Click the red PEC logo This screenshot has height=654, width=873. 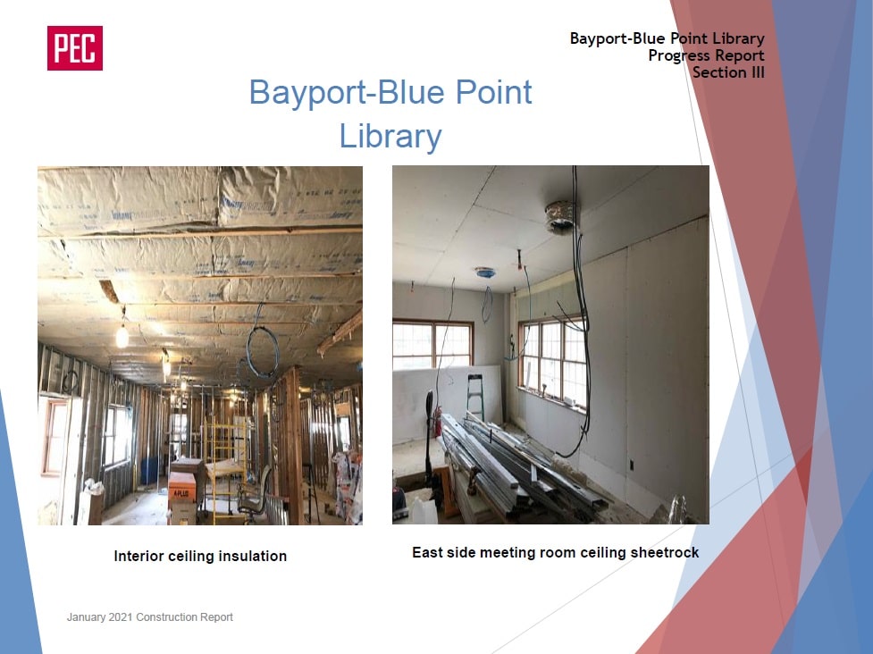coord(74,48)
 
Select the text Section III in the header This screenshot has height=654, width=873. coord(728,72)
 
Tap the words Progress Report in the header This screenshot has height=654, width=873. coord(706,55)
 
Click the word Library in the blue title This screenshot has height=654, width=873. coord(390,136)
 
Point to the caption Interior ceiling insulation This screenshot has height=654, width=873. coord(200,556)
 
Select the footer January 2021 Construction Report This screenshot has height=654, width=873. coord(150,616)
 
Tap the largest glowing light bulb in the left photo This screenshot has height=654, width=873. coord(122,336)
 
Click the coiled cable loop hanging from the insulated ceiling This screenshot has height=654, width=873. coord(262,353)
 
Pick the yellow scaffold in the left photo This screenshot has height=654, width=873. coord(224,467)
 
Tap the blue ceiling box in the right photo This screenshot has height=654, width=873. coord(485,272)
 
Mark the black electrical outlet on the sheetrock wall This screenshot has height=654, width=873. coord(632,465)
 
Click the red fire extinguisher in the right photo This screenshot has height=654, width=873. coord(438,421)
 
